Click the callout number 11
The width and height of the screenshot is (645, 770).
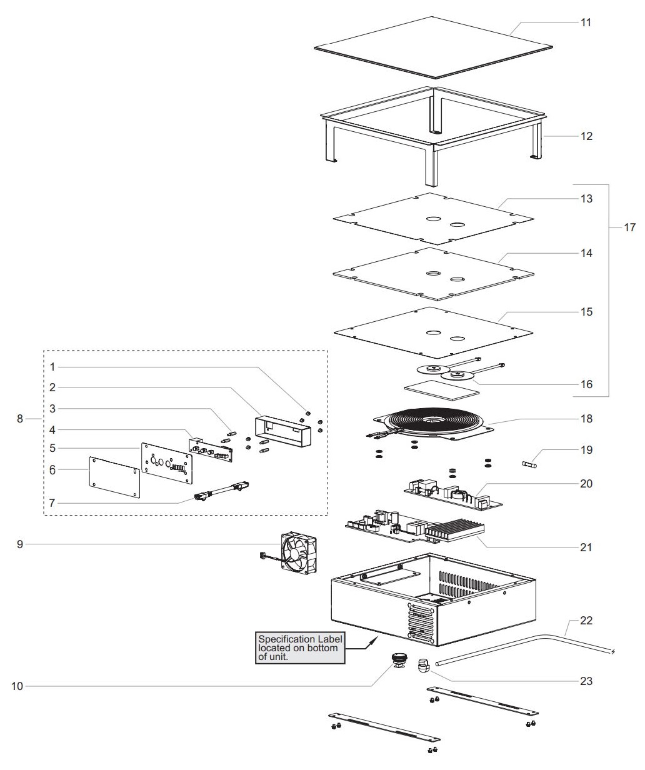[586, 22]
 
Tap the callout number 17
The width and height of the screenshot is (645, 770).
[630, 227]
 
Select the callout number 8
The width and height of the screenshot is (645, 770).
[20, 419]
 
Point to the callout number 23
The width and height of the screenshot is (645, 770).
[586, 681]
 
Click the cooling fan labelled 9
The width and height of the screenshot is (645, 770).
[299, 552]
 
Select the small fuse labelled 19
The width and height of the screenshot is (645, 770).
[529, 464]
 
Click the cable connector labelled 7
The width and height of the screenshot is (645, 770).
[221, 492]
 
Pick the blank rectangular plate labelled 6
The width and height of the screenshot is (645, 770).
[115, 477]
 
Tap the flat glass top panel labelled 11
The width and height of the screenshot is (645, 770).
[434, 47]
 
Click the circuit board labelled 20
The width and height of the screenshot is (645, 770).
[453, 494]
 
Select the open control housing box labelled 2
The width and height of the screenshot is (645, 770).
[283, 431]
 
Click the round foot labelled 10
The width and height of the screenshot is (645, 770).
[399, 661]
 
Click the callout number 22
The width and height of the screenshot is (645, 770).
[586, 621]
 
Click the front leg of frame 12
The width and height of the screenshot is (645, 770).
[431, 166]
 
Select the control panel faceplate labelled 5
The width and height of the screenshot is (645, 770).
[167, 462]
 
